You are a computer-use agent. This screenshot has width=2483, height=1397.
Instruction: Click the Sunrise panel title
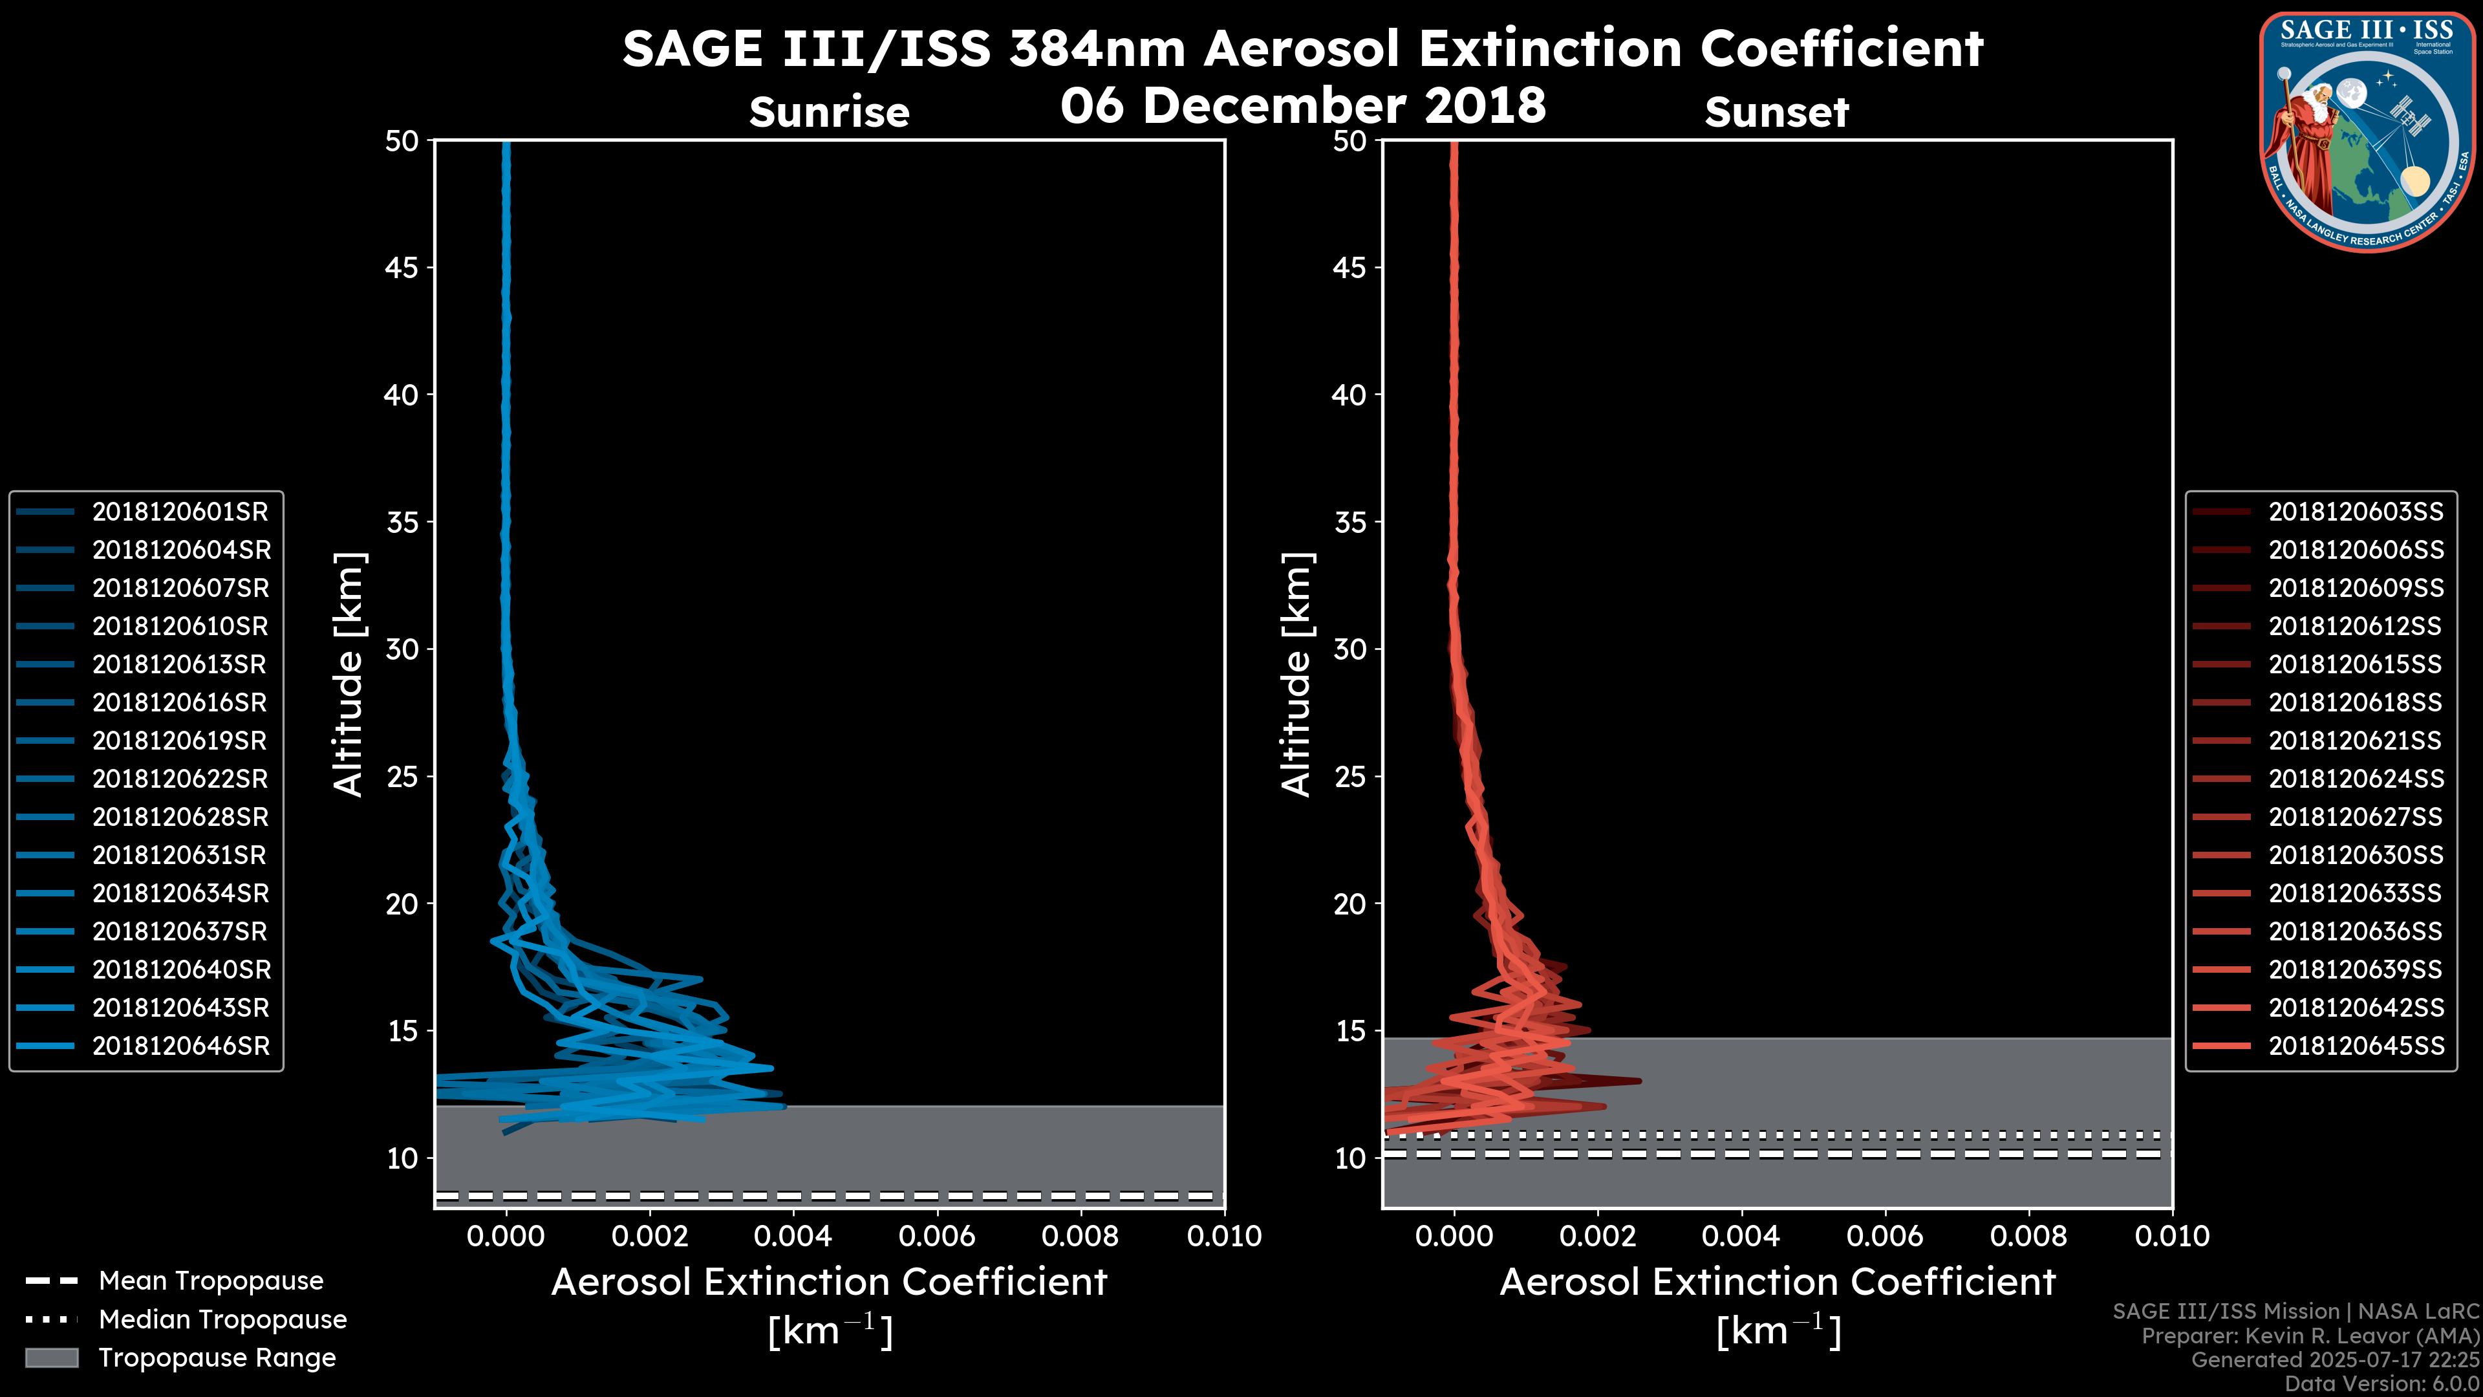[x=829, y=113]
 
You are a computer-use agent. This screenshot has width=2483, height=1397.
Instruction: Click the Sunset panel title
[x=1776, y=113]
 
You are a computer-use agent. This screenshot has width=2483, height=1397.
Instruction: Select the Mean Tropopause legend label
[x=211, y=1281]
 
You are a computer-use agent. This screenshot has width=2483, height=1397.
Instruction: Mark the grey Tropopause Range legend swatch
[x=52, y=1358]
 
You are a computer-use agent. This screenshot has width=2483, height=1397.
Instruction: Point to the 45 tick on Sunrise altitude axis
[x=402, y=268]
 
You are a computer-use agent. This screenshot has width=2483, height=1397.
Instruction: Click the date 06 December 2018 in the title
[x=1303, y=105]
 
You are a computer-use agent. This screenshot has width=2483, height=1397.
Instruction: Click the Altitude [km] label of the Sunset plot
[x=1296, y=675]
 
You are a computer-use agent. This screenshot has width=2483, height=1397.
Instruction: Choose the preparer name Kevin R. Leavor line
[x=2310, y=1336]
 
